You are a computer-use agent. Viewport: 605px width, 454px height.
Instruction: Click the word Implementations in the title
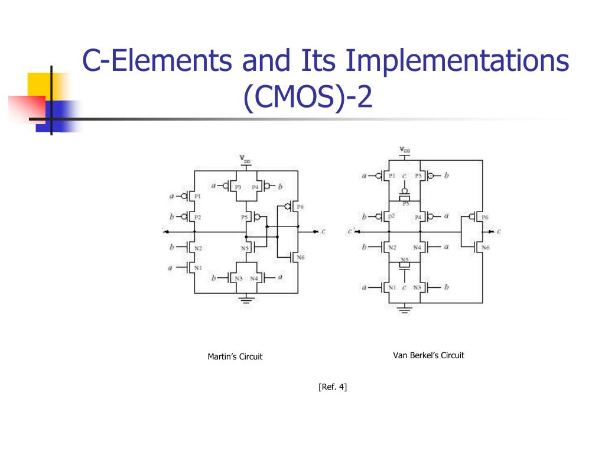pos(458,61)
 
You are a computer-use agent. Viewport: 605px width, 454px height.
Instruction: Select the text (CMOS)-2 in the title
pos(308,98)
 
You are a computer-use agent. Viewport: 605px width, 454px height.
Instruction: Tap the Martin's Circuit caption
pos(235,356)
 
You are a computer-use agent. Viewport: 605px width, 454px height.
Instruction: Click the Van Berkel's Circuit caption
pos(428,355)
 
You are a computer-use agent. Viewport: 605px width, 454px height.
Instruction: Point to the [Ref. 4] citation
pos(333,387)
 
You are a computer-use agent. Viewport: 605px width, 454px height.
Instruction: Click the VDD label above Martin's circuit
pos(245,158)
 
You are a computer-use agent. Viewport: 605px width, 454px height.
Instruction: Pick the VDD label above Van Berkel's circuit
pos(405,150)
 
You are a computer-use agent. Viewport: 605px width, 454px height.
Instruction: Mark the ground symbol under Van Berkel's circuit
pos(405,309)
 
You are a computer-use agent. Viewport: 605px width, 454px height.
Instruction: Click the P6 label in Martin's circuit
pos(300,207)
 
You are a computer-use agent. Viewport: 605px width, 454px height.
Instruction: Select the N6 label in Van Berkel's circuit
pos(485,247)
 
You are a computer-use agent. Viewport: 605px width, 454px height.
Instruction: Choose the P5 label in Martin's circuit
pos(245,218)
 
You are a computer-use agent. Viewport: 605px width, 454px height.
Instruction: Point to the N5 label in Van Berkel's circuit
pos(405,260)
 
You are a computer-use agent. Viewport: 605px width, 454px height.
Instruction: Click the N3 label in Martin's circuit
pos(238,277)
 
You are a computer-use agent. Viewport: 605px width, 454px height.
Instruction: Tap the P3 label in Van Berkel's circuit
pos(418,176)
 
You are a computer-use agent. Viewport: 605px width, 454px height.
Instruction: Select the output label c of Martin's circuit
pos(323,231)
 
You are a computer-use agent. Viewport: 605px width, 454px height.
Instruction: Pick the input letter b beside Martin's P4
pos(280,186)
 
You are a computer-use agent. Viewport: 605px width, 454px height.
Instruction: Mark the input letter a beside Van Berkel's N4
pos(446,247)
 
